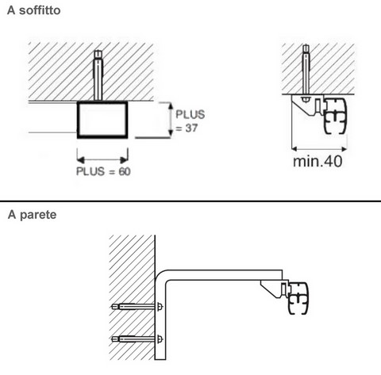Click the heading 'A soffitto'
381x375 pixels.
tap(34, 10)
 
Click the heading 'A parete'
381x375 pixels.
tap(32, 215)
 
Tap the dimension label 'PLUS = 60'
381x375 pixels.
tap(103, 171)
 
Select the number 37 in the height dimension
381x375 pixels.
tap(191, 128)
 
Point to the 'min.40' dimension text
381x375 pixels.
tap(317, 161)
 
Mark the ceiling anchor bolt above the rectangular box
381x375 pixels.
tap(98, 75)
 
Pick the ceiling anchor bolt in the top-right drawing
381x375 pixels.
tap(306, 70)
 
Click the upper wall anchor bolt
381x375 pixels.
tap(137, 307)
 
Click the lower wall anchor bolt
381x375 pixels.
tap(137, 339)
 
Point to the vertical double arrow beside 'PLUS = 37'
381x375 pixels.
tap(171, 120)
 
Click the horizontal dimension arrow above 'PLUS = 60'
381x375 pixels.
tap(102, 159)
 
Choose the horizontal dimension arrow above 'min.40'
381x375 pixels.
tap(319, 149)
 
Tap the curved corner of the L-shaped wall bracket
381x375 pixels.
tap(160, 275)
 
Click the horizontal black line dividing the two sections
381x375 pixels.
tap(190, 201)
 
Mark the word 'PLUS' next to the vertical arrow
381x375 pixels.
tap(190, 114)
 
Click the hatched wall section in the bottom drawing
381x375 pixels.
tap(132, 297)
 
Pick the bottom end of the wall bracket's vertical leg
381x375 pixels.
tap(160, 359)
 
